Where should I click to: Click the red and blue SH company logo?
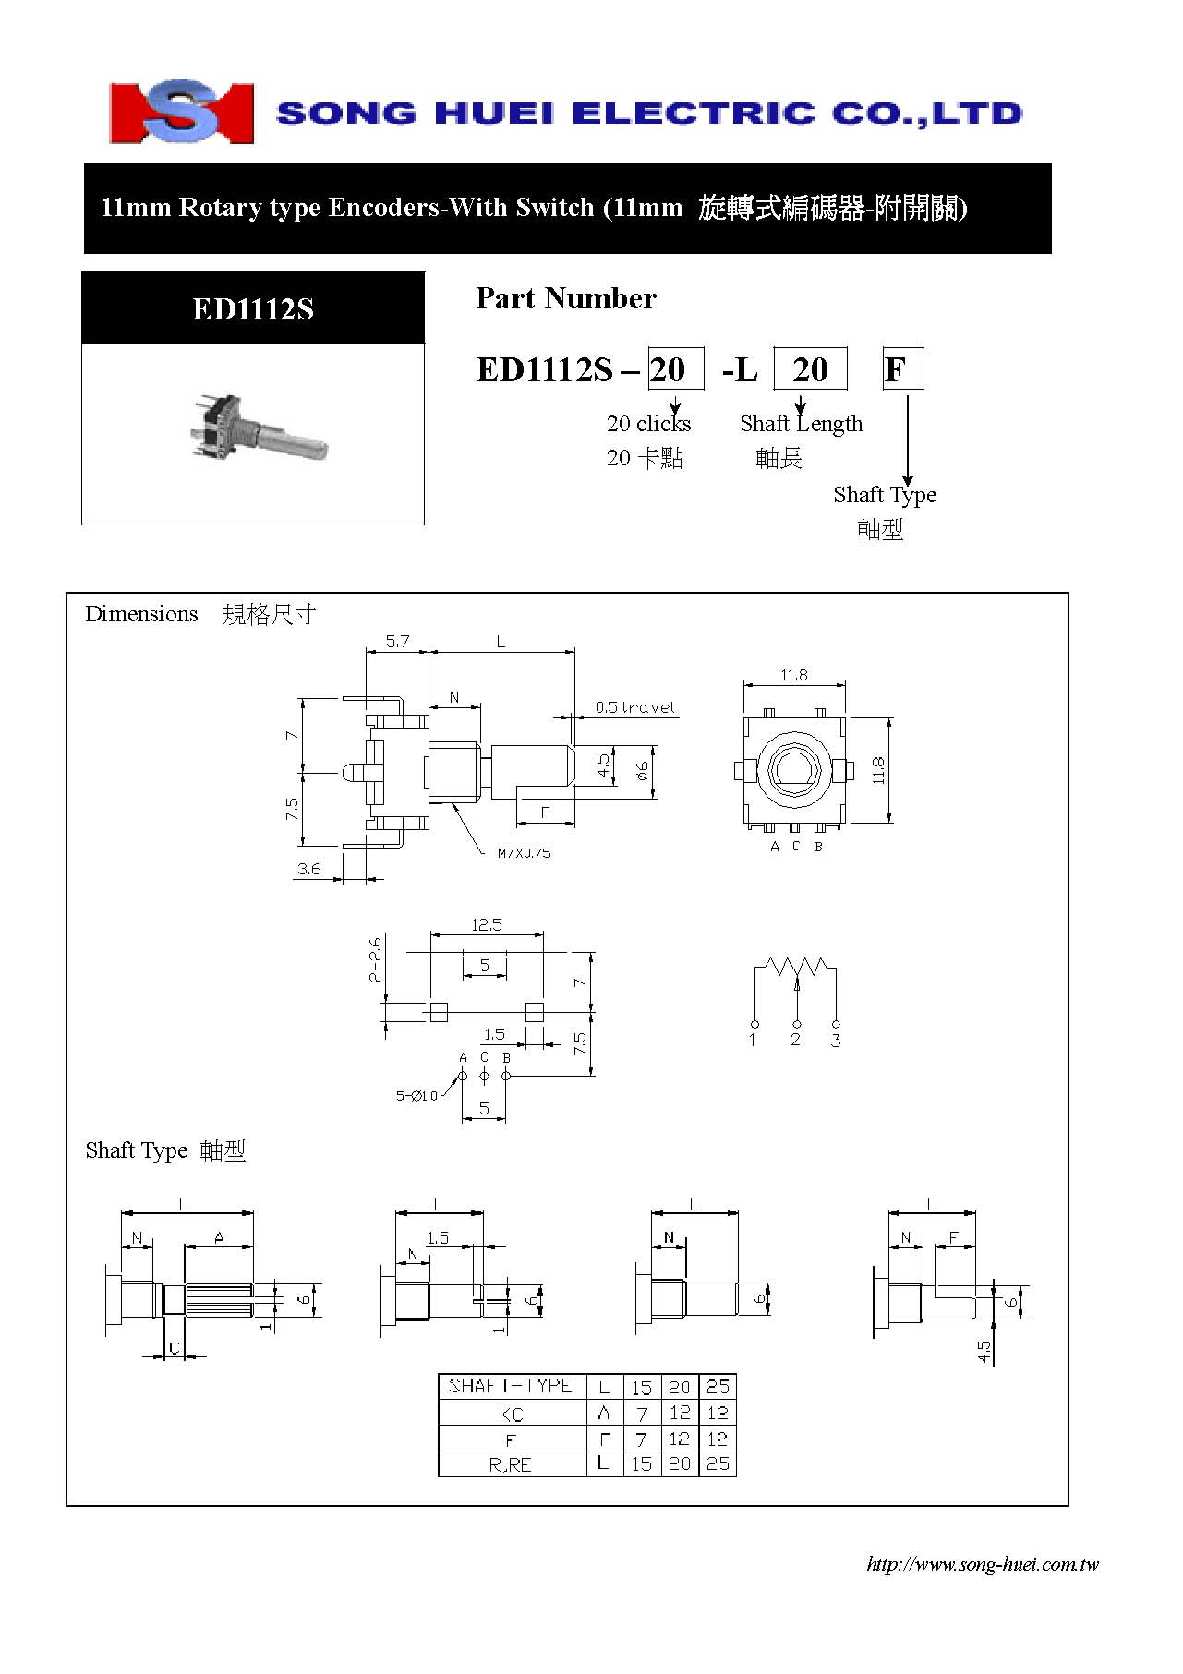pos(181,112)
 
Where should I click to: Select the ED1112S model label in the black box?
pos(253,308)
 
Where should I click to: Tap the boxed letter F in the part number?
pos(902,369)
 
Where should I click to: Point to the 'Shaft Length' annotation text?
pos(802,424)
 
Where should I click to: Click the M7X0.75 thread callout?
pos(524,853)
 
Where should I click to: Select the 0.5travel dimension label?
pos(634,707)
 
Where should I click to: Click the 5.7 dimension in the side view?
pos(397,641)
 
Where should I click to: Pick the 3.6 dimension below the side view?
pos(309,869)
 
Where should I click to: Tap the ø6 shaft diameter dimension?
pos(643,772)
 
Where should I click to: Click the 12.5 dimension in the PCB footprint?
pos(487,924)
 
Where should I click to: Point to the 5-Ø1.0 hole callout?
pos(416,1096)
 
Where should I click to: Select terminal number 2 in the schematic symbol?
pos(795,1040)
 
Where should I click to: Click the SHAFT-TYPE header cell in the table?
pos(511,1386)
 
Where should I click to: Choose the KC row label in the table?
pos(511,1415)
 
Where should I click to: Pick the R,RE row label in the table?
pos(511,1464)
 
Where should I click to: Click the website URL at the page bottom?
pos(983,1564)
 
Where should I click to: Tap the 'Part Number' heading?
pos(566,298)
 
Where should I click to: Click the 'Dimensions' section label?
pos(141,614)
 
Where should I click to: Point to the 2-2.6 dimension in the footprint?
pos(375,960)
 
